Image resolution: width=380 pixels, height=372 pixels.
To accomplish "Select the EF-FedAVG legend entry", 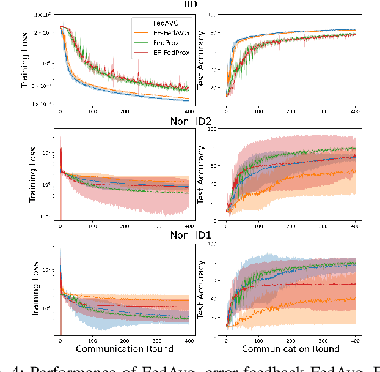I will [173, 34].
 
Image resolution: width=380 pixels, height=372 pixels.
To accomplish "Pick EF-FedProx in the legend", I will [174, 52].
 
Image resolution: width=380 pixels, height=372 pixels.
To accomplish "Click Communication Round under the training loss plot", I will [125, 349].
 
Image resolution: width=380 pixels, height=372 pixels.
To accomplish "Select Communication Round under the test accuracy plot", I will [291, 349].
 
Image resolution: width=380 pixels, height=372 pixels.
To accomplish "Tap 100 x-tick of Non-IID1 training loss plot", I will [92, 338].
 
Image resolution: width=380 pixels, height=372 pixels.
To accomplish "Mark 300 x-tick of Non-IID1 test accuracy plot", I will [323, 338].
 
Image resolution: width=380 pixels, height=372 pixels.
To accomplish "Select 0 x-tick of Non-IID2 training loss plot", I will [60, 226].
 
